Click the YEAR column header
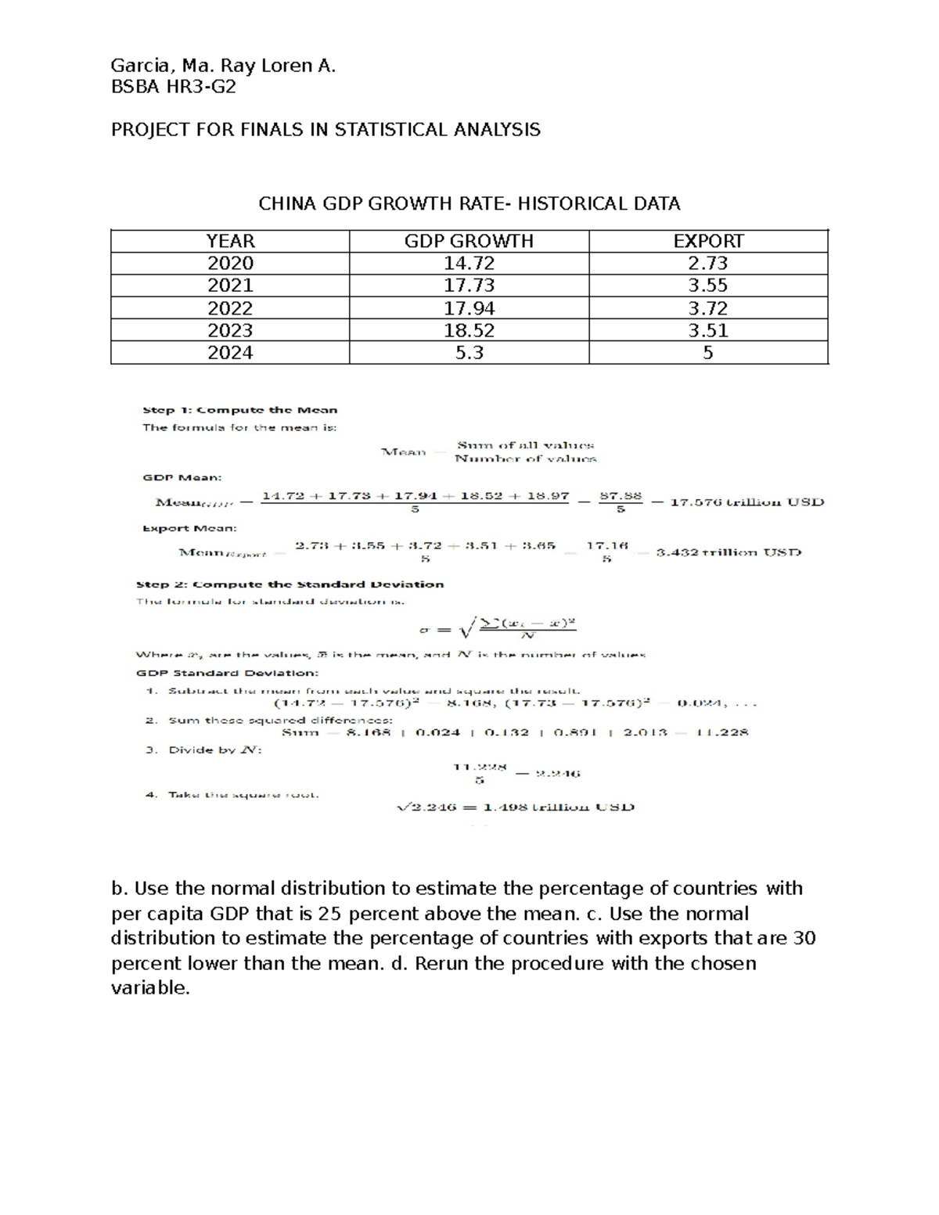[230, 241]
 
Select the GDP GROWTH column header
[469, 241]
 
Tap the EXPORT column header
[708, 241]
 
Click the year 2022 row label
[230, 308]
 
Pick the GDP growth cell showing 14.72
[469, 263]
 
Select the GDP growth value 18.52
[469, 330]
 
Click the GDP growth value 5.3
[469, 353]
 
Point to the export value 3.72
[708, 308]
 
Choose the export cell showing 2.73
[708, 263]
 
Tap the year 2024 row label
[230, 353]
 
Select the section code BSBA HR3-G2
[173, 88]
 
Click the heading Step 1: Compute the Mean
[239, 410]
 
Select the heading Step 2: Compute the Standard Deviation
[290, 584]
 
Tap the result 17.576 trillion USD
[747, 502]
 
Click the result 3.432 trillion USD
[729, 552]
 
